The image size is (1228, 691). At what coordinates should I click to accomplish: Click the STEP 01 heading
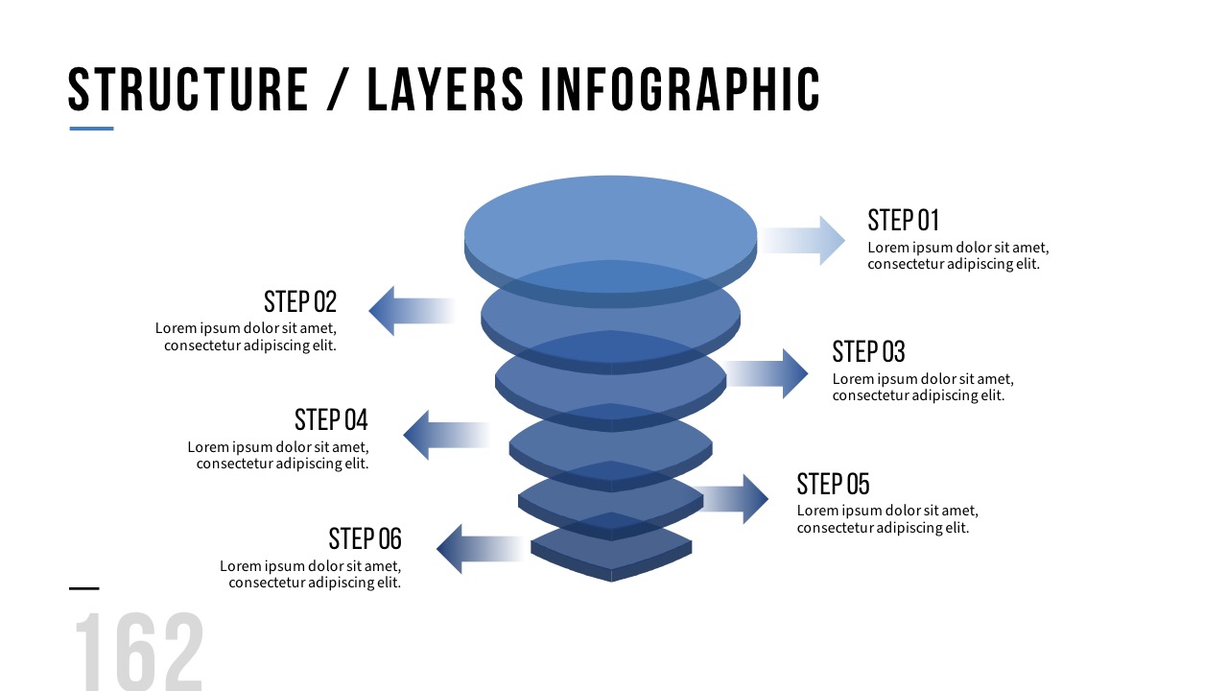tap(903, 220)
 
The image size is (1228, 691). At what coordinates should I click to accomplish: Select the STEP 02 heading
tap(300, 302)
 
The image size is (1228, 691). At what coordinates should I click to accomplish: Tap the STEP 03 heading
tap(868, 351)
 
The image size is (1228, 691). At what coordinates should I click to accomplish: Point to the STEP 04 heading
tap(331, 419)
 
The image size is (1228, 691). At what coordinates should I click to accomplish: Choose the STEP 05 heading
tap(833, 484)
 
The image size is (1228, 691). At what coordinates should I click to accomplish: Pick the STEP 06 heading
tap(365, 538)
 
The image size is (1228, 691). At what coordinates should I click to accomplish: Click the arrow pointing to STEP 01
tap(804, 240)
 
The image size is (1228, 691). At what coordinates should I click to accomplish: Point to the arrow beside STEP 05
tap(735, 498)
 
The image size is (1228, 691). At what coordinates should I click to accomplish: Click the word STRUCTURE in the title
tap(188, 89)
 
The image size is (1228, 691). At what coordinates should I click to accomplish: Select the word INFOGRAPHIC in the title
tap(680, 89)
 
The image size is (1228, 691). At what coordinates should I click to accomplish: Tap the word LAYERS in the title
tap(446, 89)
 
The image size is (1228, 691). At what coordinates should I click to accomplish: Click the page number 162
tap(139, 652)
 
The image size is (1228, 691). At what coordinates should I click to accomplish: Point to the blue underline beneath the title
tap(91, 129)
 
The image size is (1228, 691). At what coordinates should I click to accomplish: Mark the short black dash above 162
tap(84, 588)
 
